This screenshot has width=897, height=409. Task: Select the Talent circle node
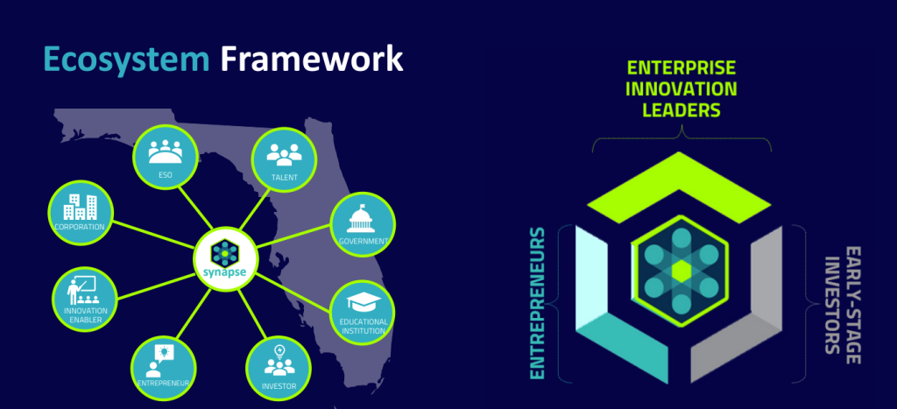pyautogui.click(x=284, y=159)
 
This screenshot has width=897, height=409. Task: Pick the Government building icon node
pyautogui.click(x=361, y=222)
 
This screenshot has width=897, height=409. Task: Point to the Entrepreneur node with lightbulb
pyautogui.click(x=162, y=365)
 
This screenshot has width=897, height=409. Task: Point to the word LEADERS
pyautogui.click(x=681, y=110)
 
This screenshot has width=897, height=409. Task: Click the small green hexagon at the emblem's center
pyautogui.click(x=681, y=271)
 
